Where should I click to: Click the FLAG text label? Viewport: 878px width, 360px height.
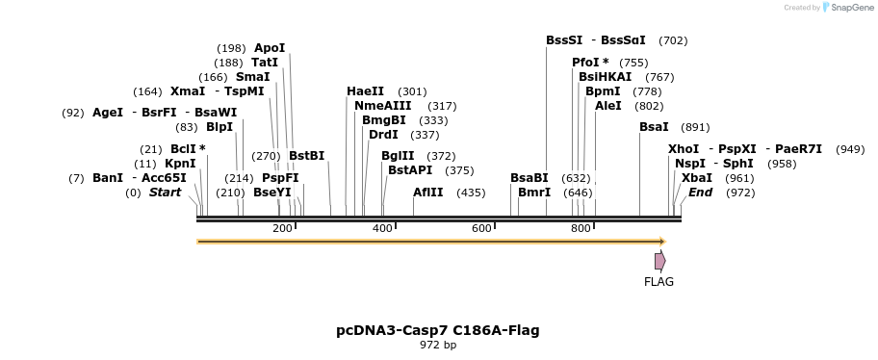pos(658,282)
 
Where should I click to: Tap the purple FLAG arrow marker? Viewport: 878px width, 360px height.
pos(659,261)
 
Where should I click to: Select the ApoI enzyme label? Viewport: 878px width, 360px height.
pos(270,48)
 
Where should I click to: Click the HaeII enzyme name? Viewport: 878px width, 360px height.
pos(365,91)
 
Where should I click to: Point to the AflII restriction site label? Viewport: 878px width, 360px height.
pos(427,193)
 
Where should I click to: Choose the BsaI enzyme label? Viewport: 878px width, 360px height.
pos(654,127)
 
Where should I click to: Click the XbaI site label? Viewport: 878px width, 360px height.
pos(697,178)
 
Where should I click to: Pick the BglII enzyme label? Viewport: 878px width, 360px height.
pos(398,156)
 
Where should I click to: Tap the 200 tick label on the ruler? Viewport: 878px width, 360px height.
pos(282,228)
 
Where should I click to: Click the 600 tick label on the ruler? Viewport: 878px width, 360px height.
pos(481,228)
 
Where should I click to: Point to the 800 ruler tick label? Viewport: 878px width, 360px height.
pos(581,228)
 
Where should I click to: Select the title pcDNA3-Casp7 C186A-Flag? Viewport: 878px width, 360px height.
pos(438,330)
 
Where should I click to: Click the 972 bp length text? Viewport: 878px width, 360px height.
pos(438,346)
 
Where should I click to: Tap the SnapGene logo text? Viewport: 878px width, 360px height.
pos(847,8)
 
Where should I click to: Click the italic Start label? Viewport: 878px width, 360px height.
pos(165,193)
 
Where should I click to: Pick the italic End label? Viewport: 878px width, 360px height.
pos(700,193)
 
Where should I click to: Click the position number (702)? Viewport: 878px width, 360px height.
pos(673,41)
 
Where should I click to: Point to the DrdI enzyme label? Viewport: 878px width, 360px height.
pos(383,135)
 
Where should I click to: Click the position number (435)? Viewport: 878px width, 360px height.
pos(471,193)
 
